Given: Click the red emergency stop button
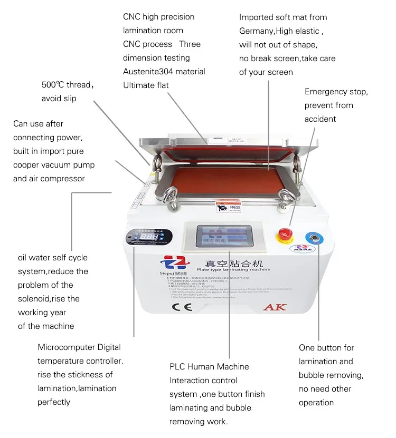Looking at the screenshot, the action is coord(286,233).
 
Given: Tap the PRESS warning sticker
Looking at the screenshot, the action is coord(228,206).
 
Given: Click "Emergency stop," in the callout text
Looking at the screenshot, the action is coord(336,92).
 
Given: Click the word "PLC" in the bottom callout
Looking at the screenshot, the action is coord(177,367).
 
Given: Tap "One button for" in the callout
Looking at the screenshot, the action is coord(326,348).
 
